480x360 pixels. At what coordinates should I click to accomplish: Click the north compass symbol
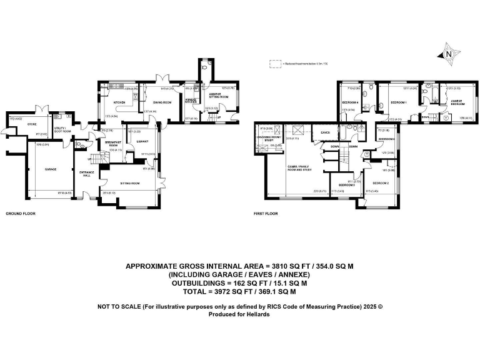pos(447,54)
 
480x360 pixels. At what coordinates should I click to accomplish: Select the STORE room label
pos(31,124)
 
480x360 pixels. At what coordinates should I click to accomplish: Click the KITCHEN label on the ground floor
pos(120,102)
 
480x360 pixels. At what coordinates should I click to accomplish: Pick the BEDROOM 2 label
pos(381,182)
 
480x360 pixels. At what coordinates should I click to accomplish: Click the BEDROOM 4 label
pos(349,102)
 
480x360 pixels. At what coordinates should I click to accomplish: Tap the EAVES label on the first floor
pos(325,132)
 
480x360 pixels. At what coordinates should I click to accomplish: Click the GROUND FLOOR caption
pos(21,214)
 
